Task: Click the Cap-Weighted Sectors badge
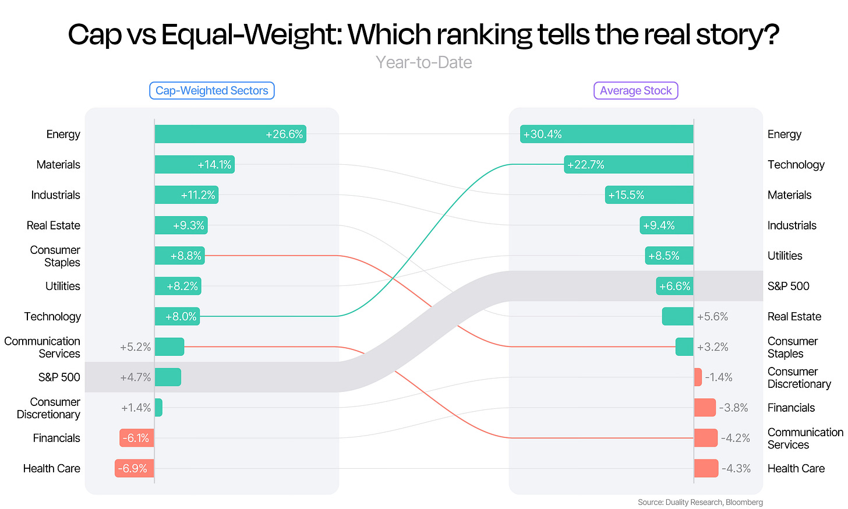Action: [x=211, y=90]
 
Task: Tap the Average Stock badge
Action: [x=635, y=90]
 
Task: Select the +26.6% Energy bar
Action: [x=231, y=134]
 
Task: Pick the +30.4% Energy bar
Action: [x=607, y=134]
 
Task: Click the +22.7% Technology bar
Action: [x=629, y=165]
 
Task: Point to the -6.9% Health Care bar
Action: [x=135, y=468]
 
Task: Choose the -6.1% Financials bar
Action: [x=137, y=438]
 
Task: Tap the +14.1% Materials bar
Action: [x=195, y=165]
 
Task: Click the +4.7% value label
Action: [x=136, y=377]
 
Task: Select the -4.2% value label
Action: [x=735, y=438]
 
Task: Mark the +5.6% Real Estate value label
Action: [x=712, y=316]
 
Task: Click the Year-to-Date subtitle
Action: [x=424, y=62]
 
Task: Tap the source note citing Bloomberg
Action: [x=700, y=502]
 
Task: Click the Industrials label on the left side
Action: [x=56, y=195]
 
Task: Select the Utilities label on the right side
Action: [x=785, y=256]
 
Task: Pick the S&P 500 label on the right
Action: [x=788, y=286]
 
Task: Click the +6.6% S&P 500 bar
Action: [x=674, y=286]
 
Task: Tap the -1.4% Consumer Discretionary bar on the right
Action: [x=698, y=377]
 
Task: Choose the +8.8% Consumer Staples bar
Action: [x=180, y=256]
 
